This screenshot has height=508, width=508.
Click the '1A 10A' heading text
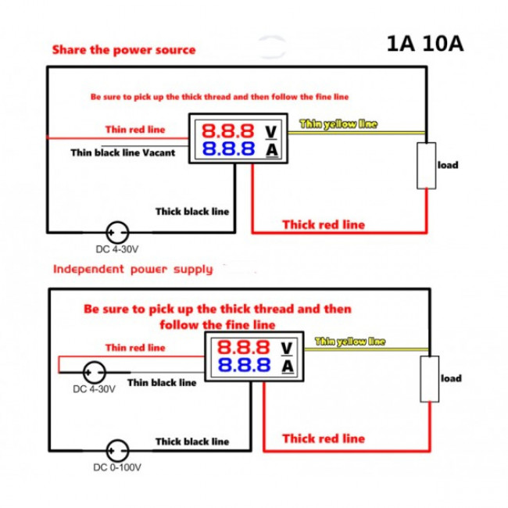tap(424, 44)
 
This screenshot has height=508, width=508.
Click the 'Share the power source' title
tap(123, 49)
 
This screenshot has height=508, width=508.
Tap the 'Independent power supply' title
tap(132, 270)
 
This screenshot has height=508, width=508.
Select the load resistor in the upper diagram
tap(426, 166)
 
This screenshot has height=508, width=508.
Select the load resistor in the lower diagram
tap(429, 379)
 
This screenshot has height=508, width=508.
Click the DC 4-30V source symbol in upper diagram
tap(118, 232)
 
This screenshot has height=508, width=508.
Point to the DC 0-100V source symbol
tap(118, 451)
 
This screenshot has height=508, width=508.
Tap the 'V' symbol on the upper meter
tap(270, 130)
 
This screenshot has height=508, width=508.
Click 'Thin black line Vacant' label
tap(123, 152)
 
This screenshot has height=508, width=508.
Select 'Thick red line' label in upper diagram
tap(323, 224)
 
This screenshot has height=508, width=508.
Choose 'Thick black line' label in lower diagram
tap(192, 442)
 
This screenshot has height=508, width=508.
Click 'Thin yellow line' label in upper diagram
tap(338, 124)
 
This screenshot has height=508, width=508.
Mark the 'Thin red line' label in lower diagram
tap(135, 347)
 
